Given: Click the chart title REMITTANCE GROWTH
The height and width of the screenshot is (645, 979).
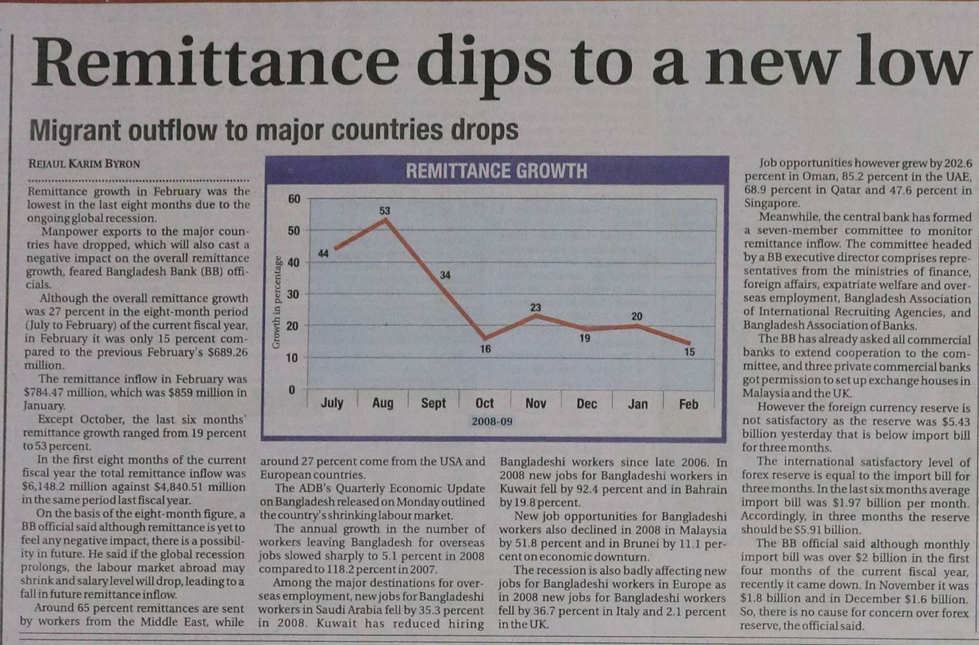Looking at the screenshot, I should pyautogui.click(x=496, y=171).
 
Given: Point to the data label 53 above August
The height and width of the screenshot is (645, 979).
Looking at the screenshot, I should pyautogui.click(x=384, y=211).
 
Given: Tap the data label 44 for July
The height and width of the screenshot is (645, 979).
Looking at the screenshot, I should pyautogui.click(x=323, y=253).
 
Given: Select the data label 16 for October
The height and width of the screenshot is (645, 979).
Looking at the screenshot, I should pyautogui.click(x=485, y=349).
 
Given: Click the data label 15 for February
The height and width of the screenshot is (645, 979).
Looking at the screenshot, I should pyautogui.click(x=690, y=352).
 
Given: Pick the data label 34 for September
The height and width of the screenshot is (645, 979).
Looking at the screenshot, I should pyautogui.click(x=445, y=274).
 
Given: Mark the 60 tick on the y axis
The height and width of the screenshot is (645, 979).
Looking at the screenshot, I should pyautogui.click(x=294, y=199).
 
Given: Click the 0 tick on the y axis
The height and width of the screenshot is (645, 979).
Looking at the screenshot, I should pyautogui.click(x=292, y=390).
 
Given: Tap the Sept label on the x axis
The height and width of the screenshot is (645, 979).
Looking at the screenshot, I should pyautogui.click(x=433, y=403).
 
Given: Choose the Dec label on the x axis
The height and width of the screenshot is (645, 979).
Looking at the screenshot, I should pyautogui.click(x=586, y=404).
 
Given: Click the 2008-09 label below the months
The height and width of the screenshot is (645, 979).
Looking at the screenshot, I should pyautogui.click(x=492, y=422).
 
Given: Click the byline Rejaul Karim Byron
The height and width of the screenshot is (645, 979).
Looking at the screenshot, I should pyautogui.click(x=84, y=164).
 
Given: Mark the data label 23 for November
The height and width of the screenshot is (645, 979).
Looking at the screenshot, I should pyautogui.click(x=536, y=307).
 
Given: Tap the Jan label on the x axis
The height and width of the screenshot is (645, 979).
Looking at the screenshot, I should pyautogui.click(x=637, y=404).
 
